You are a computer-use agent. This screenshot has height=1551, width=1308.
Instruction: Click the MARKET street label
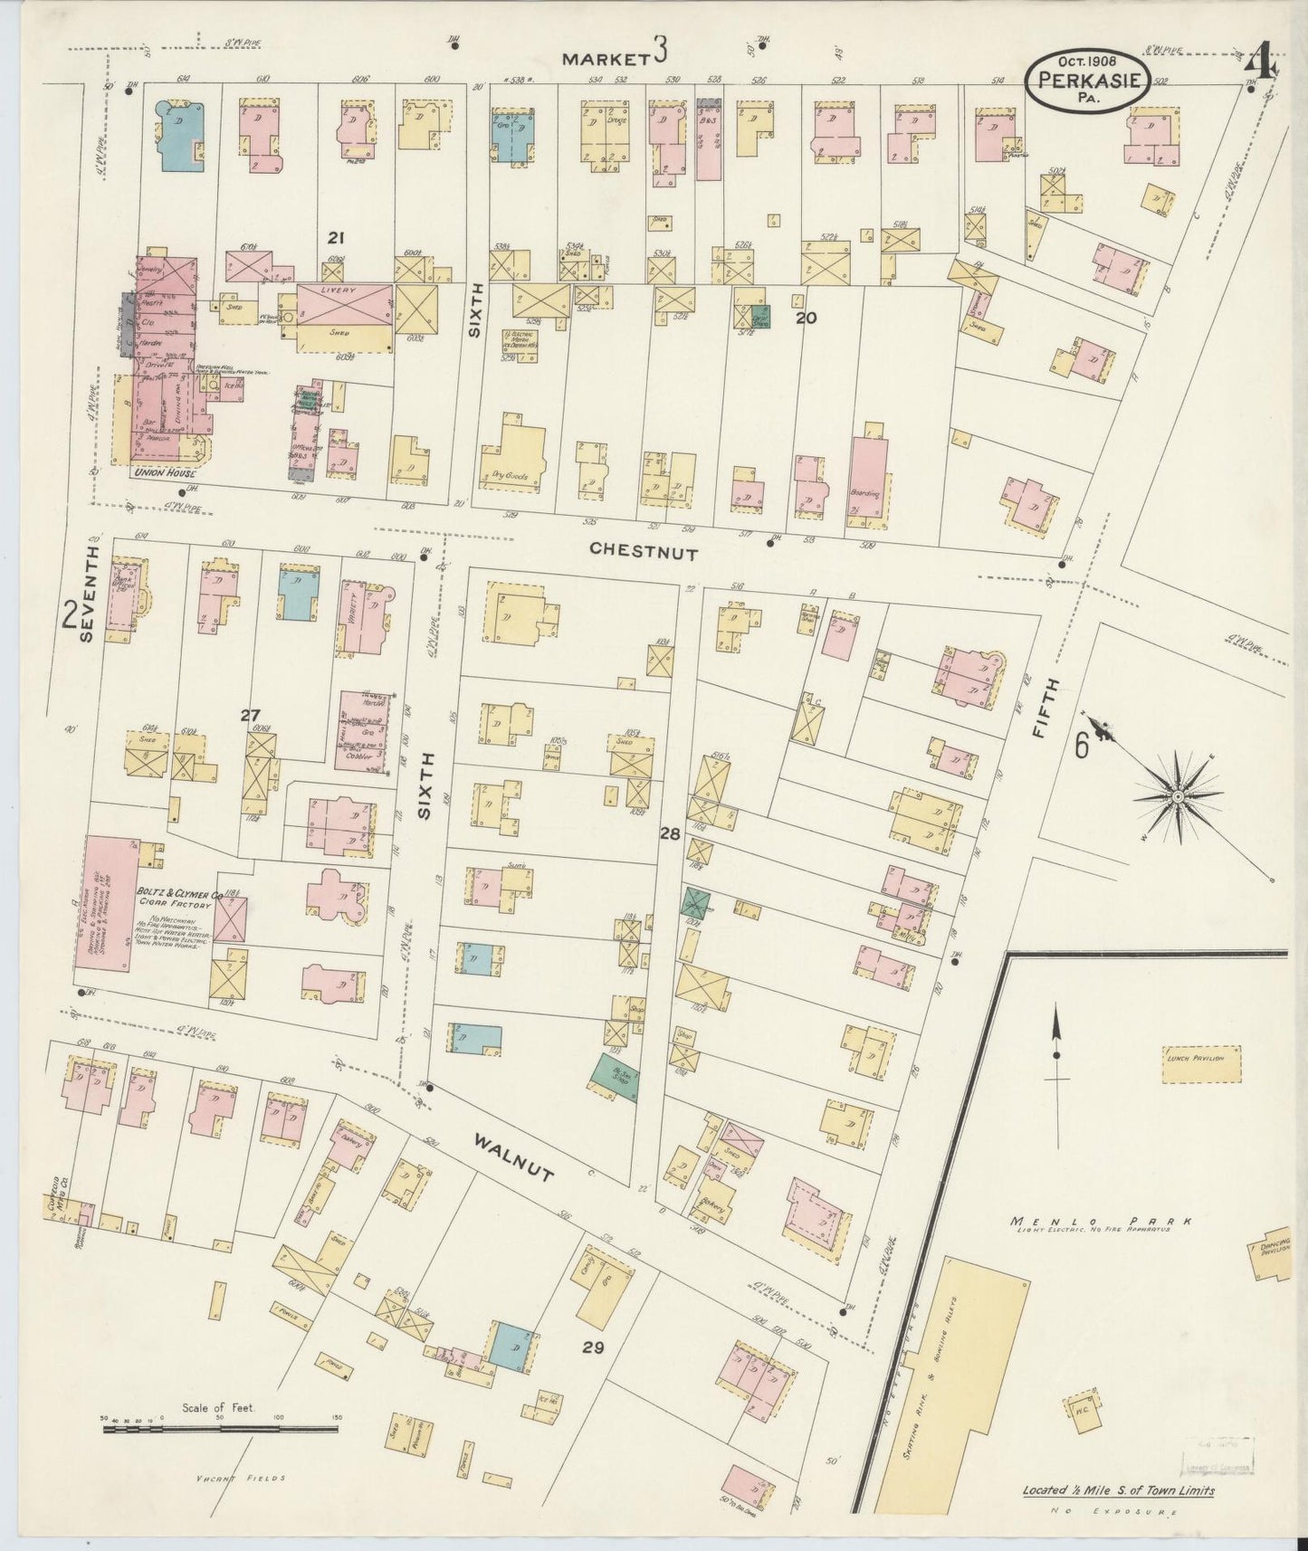pyautogui.click(x=606, y=59)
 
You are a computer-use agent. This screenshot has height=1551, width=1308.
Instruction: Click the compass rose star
pyautogui.click(x=1178, y=796)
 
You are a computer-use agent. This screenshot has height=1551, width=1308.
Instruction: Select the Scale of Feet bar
pyautogui.click(x=220, y=1453)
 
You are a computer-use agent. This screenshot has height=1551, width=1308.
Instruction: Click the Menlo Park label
pyautogui.click(x=1099, y=1222)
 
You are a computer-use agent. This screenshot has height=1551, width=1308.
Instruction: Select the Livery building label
pyautogui.click(x=344, y=290)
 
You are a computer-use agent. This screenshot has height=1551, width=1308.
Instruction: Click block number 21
pyautogui.click(x=336, y=238)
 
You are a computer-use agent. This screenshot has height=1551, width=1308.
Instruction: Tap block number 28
pyautogui.click(x=670, y=833)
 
